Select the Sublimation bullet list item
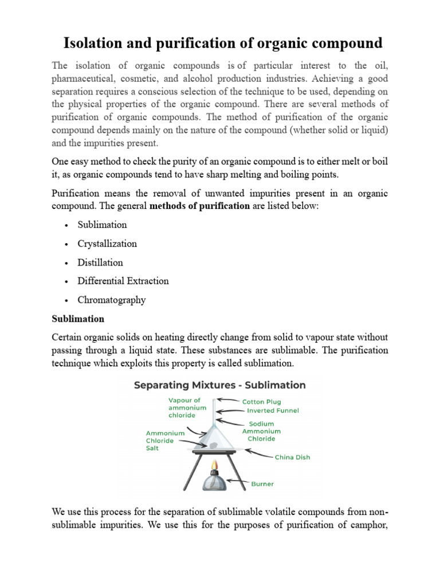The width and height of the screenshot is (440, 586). pyautogui.click(x=102, y=225)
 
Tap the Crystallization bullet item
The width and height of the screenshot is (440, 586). pyautogui.click(x=107, y=244)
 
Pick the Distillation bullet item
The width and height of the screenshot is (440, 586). pyautogui.click(x=100, y=263)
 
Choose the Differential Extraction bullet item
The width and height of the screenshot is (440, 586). pyautogui.click(x=123, y=281)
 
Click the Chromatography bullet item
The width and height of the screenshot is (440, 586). pyautogui.click(x=112, y=300)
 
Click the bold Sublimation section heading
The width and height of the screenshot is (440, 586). pyautogui.click(x=78, y=319)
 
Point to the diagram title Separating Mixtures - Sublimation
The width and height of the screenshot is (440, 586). pyautogui.click(x=219, y=385)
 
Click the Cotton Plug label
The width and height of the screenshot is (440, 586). pyautogui.click(x=261, y=402)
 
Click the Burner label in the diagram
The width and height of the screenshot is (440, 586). pyautogui.click(x=262, y=484)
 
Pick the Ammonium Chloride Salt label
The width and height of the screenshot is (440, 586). pyautogui.click(x=166, y=441)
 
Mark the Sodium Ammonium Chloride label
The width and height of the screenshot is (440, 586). pyautogui.click(x=261, y=431)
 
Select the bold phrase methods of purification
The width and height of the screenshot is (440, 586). pyautogui.click(x=199, y=206)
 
